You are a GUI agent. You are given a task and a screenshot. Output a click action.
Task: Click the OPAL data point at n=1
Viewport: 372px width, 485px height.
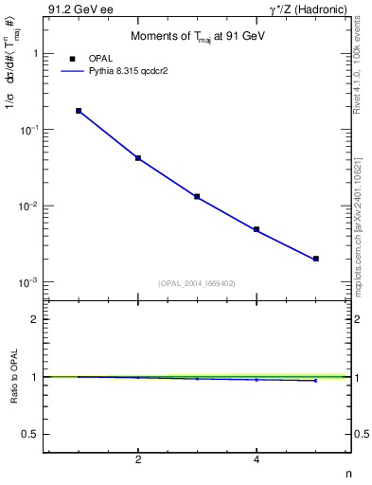[79, 111]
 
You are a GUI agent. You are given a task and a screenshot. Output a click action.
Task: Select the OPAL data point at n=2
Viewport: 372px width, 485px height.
[138, 158]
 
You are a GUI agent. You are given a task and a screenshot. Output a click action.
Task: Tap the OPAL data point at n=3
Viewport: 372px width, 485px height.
[197, 196]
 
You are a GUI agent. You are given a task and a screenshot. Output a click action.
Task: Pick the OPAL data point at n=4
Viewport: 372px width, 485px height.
[257, 229]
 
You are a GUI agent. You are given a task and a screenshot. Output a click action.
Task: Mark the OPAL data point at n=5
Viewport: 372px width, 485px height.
[316, 259]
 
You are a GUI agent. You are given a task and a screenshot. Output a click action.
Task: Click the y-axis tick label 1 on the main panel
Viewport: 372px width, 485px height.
[34, 54]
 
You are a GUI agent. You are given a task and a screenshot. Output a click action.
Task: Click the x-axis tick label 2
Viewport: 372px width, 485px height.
[138, 459]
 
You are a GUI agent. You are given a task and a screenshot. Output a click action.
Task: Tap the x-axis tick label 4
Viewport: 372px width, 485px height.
[257, 459]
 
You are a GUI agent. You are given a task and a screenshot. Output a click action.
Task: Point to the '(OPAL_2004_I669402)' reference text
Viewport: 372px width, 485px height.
[197, 282]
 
